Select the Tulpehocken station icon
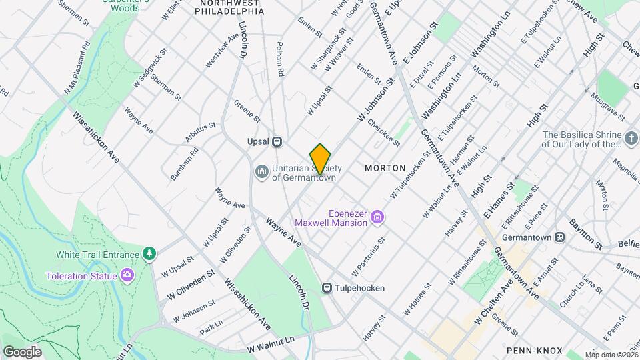click(x=327, y=288)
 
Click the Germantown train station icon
click(x=560, y=237)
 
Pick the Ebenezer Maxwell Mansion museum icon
click(x=377, y=217)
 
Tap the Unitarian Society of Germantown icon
click(x=261, y=172)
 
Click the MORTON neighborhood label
click(x=385, y=168)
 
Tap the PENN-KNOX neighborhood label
click(x=534, y=350)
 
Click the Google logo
click(x=22, y=351)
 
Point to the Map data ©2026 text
click(x=611, y=355)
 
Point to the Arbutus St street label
click(x=200, y=131)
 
